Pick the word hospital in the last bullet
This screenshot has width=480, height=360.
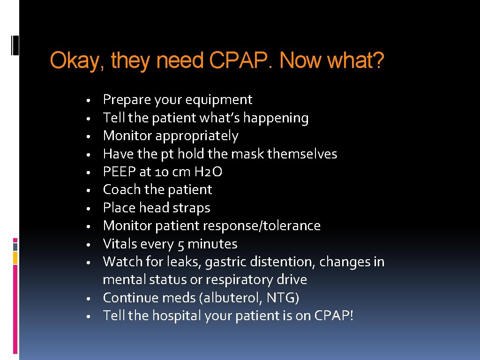click(176, 316)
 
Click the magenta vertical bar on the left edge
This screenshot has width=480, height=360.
click(15, 309)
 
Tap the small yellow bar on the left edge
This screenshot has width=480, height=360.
click(15, 257)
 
